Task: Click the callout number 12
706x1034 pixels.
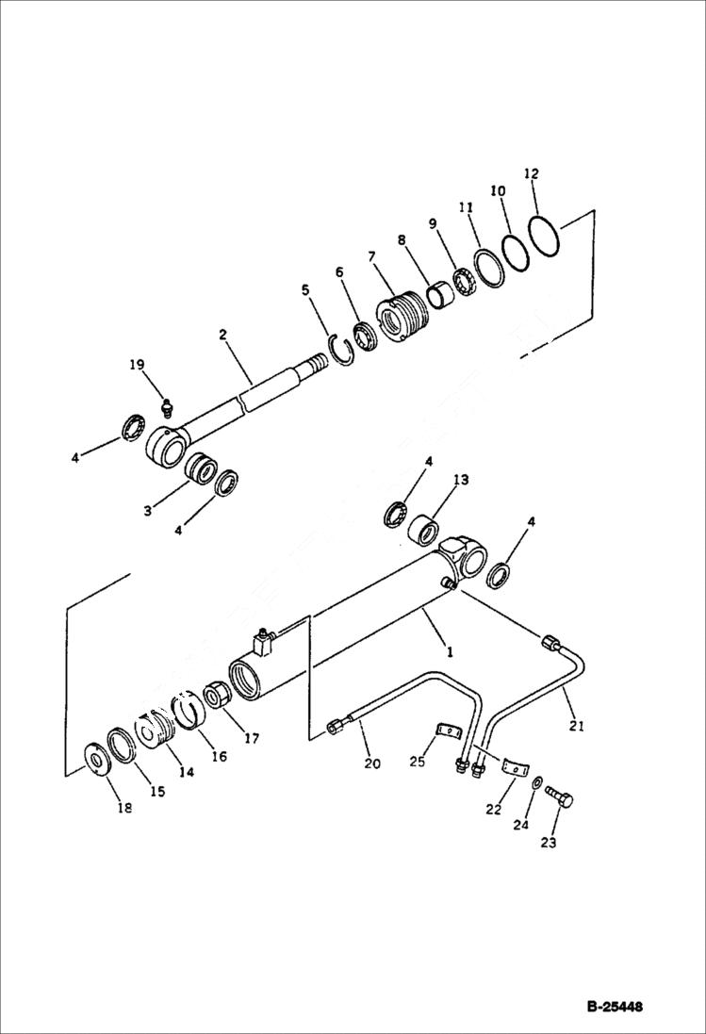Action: pyautogui.click(x=532, y=174)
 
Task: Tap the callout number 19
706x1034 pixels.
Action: pyautogui.click(x=138, y=365)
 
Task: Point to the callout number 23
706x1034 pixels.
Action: pyautogui.click(x=549, y=843)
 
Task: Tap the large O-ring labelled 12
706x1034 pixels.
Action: pyautogui.click(x=544, y=236)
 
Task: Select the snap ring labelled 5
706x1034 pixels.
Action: pyautogui.click(x=341, y=351)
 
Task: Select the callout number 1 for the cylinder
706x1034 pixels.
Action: pyautogui.click(x=450, y=651)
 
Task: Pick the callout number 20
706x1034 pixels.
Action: pyautogui.click(x=372, y=763)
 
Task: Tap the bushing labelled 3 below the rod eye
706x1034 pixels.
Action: pyautogui.click(x=200, y=468)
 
